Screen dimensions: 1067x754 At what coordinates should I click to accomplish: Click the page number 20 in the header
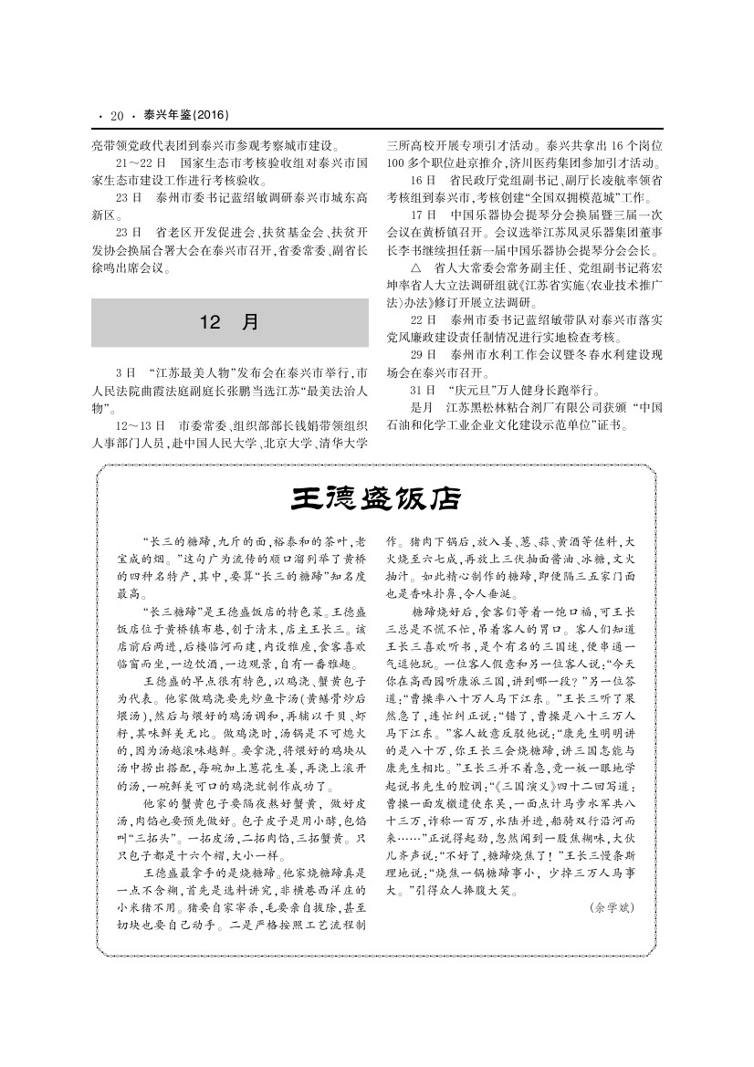pyautogui.click(x=117, y=116)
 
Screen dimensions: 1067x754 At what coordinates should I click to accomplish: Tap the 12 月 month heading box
pyautogui.click(x=230, y=322)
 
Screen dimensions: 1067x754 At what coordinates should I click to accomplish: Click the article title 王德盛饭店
pyautogui.click(x=376, y=499)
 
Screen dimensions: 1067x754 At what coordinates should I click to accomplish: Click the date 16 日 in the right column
pyautogui.click(x=423, y=179)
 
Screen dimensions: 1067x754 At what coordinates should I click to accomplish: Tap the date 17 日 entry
pyautogui.click(x=423, y=216)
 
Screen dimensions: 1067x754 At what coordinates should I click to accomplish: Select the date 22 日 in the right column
pyautogui.click(x=423, y=320)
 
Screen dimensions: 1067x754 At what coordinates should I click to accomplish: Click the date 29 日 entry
pyautogui.click(x=423, y=354)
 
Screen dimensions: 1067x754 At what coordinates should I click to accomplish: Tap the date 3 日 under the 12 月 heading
pyautogui.click(x=126, y=374)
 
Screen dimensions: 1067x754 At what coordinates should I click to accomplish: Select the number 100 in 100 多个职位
pyautogui.click(x=394, y=162)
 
